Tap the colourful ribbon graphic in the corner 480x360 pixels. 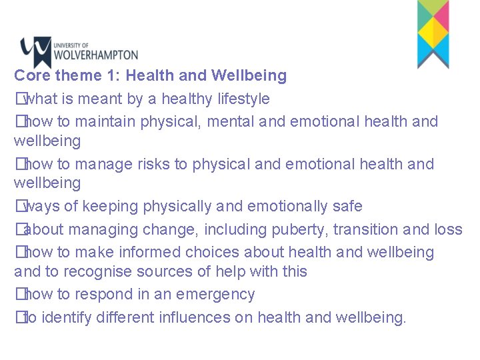433,33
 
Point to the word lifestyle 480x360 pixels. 243,99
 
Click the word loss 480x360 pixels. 447,230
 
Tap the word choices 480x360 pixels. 213,253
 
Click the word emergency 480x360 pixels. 217,295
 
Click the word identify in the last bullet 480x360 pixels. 67,318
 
